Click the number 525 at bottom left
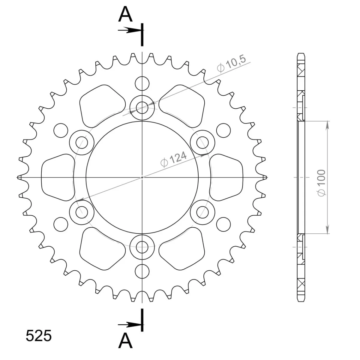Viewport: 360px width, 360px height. (39, 336)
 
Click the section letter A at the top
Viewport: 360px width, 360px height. (125, 14)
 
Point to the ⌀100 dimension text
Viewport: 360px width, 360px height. (322, 183)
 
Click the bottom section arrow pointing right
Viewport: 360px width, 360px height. (129, 325)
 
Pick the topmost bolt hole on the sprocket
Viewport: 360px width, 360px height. (142, 108)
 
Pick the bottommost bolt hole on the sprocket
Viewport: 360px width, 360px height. (142, 247)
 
